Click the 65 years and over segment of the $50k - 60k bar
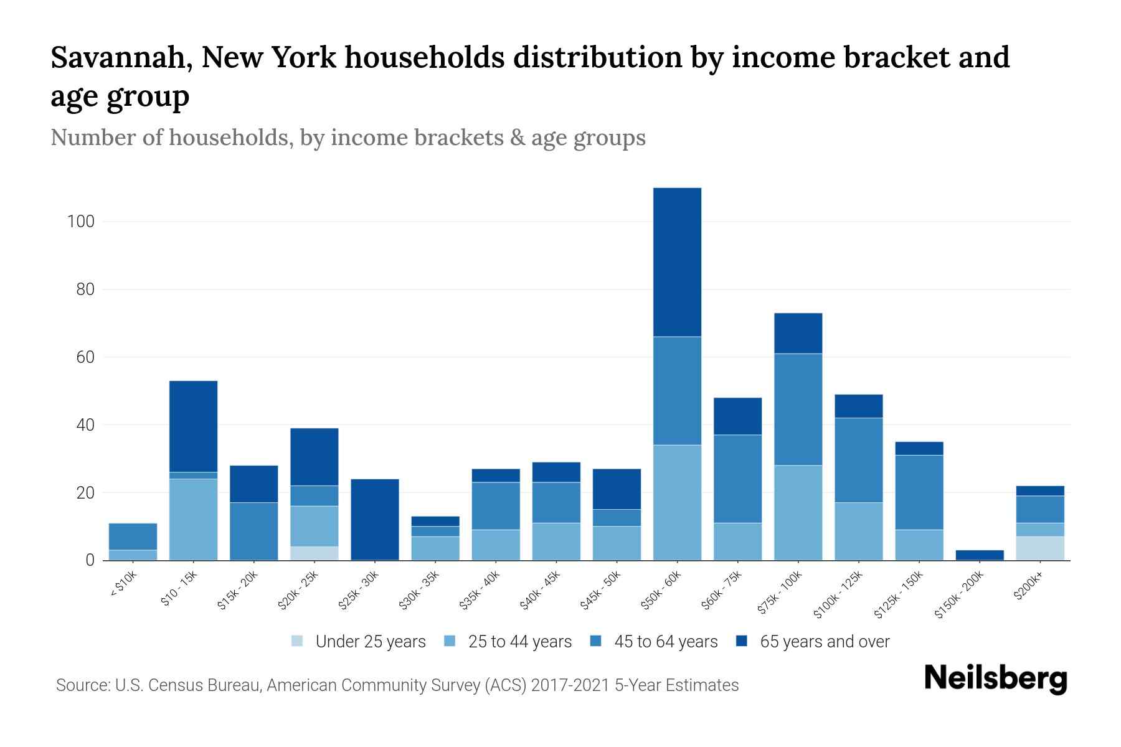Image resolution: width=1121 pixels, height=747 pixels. tap(677, 262)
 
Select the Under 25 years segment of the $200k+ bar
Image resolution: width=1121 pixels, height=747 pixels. tap(1040, 548)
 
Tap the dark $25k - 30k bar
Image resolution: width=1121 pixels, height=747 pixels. tap(375, 519)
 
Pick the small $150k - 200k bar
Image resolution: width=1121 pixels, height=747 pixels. tap(980, 555)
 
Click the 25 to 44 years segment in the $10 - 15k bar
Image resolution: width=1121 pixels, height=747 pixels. tap(193, 519)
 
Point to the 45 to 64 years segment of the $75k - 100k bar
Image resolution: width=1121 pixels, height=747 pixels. tap(798, 409)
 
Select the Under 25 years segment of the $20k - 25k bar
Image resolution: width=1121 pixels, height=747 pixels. tap(315, 553)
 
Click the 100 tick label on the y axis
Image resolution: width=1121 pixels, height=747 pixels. tap(80, 222)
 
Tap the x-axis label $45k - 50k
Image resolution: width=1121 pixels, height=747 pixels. tap(602, 590)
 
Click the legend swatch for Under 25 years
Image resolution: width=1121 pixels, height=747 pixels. tap(297, 641)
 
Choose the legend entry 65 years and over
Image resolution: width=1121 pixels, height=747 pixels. tap(824, 642)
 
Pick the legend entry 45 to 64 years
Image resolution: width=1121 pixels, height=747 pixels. tap(665, 642)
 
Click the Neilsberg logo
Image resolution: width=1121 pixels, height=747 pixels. tap(995, 679)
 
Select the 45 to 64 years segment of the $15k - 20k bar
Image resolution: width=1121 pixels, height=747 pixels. tap(253, 531)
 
